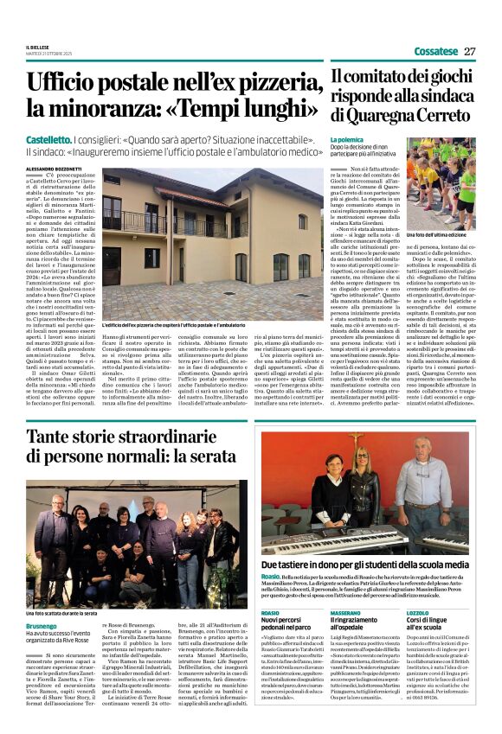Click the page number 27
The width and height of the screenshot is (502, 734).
point(469,51)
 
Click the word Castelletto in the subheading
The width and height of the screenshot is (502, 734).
point(48,137)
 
